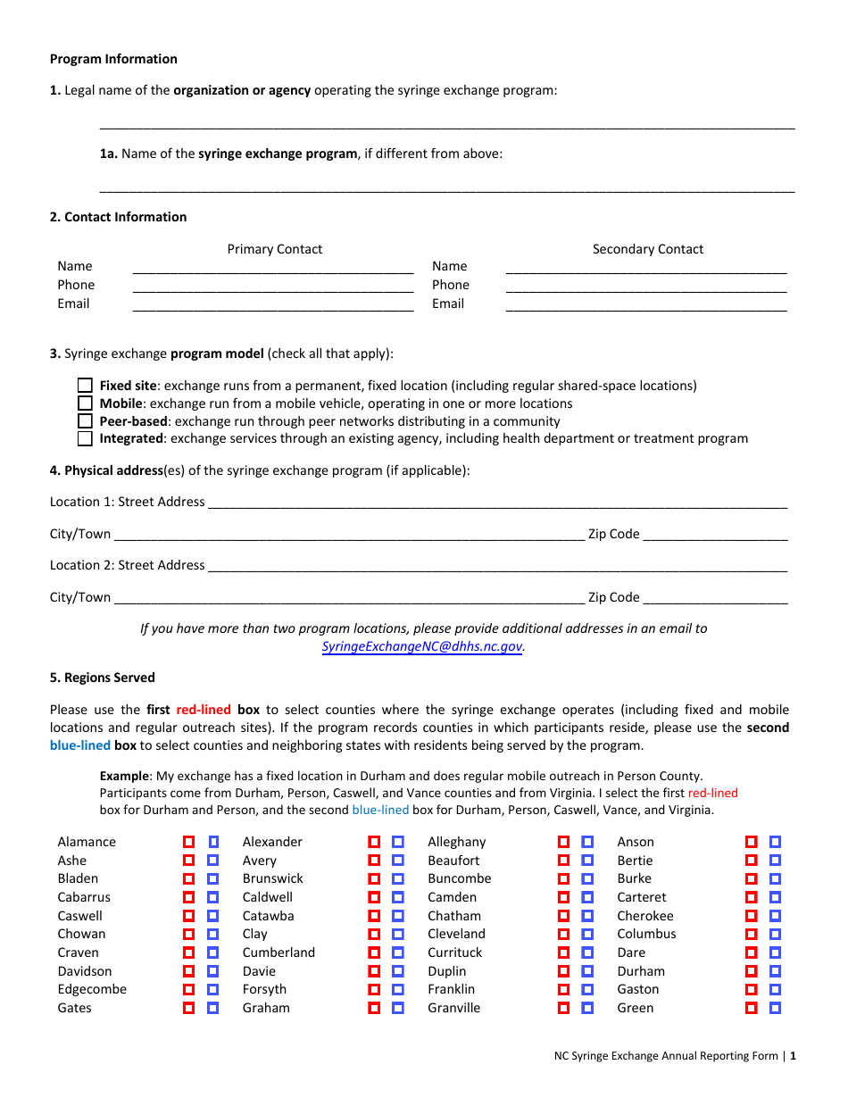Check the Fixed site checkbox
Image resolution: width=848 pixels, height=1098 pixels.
point(85,386)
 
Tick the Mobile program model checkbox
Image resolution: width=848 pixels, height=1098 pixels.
point(85,403)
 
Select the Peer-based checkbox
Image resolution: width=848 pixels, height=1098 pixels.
point(85,421)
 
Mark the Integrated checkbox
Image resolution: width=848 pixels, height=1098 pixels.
point(85,438)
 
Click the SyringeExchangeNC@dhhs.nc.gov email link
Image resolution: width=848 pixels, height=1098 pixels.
point(422,646)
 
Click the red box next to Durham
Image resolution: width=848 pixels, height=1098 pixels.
point(752,971)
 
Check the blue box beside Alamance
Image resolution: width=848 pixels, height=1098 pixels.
point(213,842)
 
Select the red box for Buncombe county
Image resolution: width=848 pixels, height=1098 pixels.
point(563,878)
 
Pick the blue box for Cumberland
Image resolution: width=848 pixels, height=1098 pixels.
point(398,952)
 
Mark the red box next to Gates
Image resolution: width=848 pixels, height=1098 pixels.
point(189,1008)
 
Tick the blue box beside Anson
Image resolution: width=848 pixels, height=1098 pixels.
point(775,842)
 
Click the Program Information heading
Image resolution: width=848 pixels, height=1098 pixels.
point(113,59)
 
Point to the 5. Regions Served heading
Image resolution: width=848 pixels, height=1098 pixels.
point(103,678)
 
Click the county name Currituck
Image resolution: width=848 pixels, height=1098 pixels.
point(454,952)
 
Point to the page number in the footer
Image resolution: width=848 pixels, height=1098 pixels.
point(792,1056)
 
